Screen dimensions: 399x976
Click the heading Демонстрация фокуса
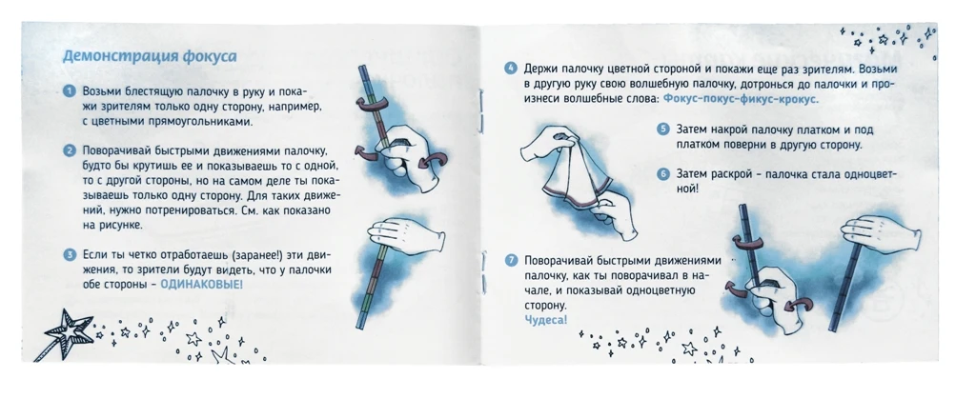150,55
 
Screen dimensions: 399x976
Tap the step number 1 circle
69,90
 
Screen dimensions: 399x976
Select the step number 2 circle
69,150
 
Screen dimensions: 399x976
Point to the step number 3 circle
69,255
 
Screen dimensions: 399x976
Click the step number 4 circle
511,70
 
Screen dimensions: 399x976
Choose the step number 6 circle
662,174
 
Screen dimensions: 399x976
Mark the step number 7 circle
511,260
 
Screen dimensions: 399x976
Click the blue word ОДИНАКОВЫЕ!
201,285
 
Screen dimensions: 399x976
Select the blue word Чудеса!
545,319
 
